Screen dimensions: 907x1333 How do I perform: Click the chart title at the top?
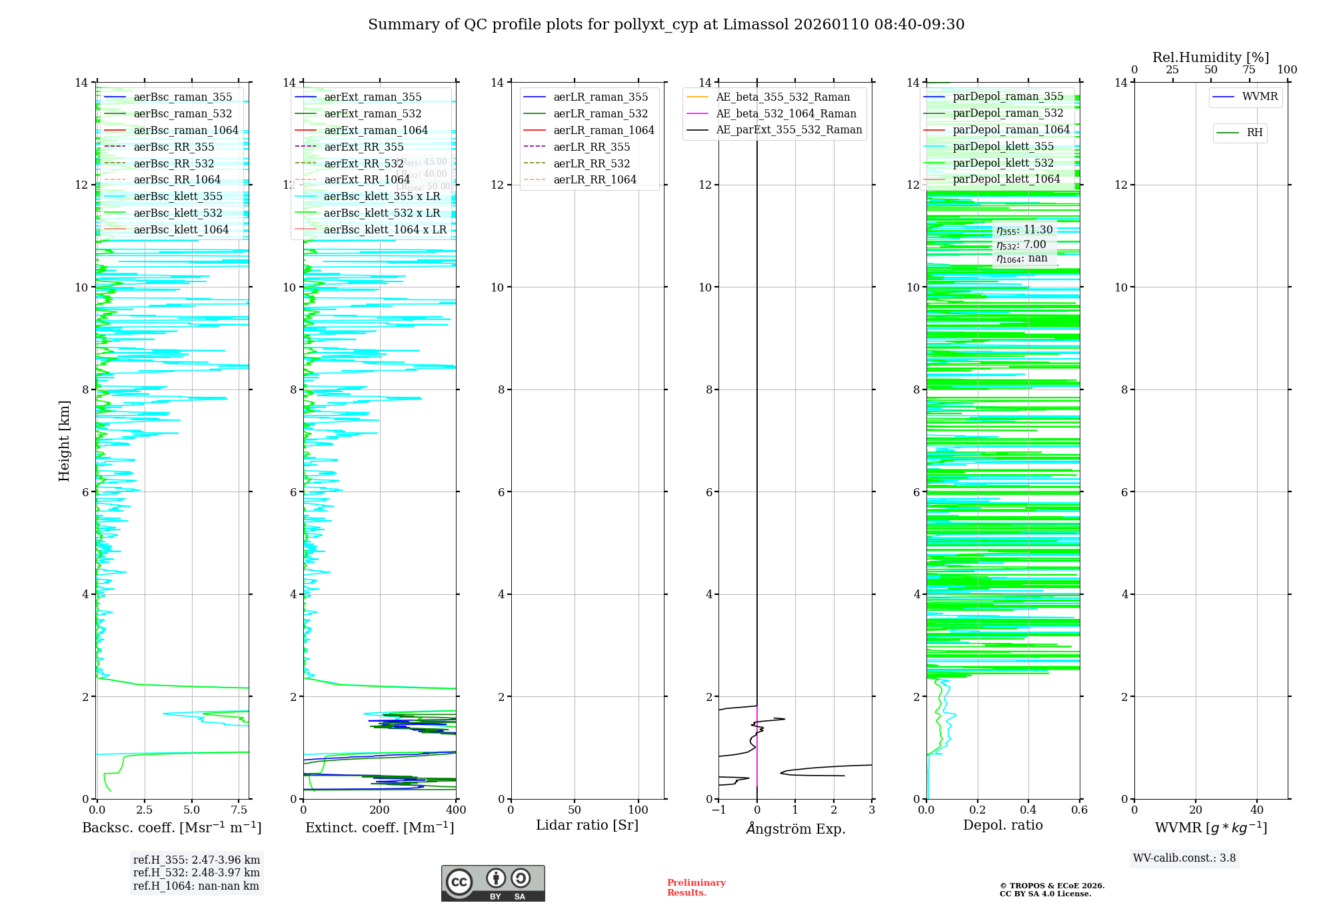coord(666,25)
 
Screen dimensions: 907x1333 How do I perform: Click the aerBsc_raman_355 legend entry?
coord(183,97)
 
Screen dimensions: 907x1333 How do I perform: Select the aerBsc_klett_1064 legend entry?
coord(181,230)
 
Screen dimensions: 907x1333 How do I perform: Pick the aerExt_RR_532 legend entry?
coord(363,163)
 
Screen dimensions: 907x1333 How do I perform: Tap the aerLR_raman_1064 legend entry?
coord(603,131)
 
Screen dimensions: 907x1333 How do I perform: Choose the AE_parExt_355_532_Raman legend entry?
coord(788,130)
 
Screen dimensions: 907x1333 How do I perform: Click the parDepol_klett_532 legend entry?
coord(1003,163)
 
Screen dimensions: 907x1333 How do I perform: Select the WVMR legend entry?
coord(1260,97)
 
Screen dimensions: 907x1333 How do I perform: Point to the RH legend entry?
coord(1254,133)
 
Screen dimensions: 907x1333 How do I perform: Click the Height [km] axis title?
coord(64,440)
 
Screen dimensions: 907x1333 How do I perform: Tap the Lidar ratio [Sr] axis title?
coord(587,826)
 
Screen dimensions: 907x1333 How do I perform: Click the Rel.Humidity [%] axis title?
coord(1210,57)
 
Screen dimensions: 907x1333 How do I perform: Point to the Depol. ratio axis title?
coord(1002,826)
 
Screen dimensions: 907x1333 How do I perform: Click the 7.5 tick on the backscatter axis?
coord(239,810)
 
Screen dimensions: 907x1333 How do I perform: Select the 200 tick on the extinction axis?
coord(379,810)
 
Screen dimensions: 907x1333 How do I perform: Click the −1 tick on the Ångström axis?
coord(718,810)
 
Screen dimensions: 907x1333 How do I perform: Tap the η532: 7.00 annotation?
coord(1021,245)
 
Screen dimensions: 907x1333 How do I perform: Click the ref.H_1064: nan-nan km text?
coord(196,886)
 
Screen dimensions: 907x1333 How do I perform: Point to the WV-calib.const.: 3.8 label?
coord(1184,858)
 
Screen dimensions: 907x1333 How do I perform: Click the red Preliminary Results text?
coord(696,888)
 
